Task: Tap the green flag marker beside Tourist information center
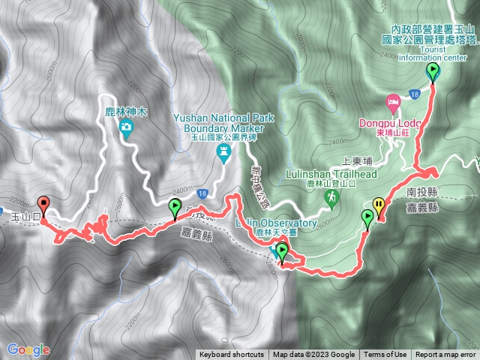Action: point(433,72)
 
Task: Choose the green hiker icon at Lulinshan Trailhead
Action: point(330,196)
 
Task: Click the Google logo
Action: point(28,349)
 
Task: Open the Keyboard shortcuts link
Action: point(231,355)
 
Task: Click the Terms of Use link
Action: point(385,355)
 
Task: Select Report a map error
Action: point(445,355)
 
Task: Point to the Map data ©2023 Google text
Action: point(313,355)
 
